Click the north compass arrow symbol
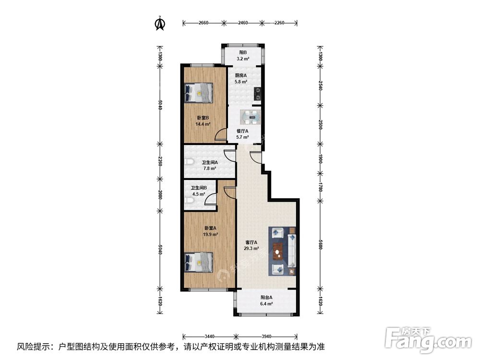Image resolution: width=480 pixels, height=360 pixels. pyautogui.click(x=160, y=23)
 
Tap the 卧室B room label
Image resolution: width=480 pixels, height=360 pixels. pyautogui.click(x=203, y=118)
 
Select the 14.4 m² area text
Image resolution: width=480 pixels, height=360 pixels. pyautogui.click(x=203, y=124)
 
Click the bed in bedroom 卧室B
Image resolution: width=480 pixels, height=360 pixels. pyautogui.click(x=199, y=92)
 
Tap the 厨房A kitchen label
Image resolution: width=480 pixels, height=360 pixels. pyautogui.click(x=240, y=76)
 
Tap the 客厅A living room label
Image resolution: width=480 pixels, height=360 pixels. pyautogui.click(x=252, y=242)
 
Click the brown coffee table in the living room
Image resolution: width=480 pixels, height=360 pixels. pyautogui.click(x=277, y=251)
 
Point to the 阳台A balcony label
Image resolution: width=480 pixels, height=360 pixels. pyautogui.click(x=267, y=297)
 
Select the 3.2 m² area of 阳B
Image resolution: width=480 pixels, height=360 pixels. pyautogui.click(x=242, y=59)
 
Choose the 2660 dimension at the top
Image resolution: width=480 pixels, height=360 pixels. pyautogui.click(x=203, y=23)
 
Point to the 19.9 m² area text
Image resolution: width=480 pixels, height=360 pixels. pyautogui.click(x=210, y=235)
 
